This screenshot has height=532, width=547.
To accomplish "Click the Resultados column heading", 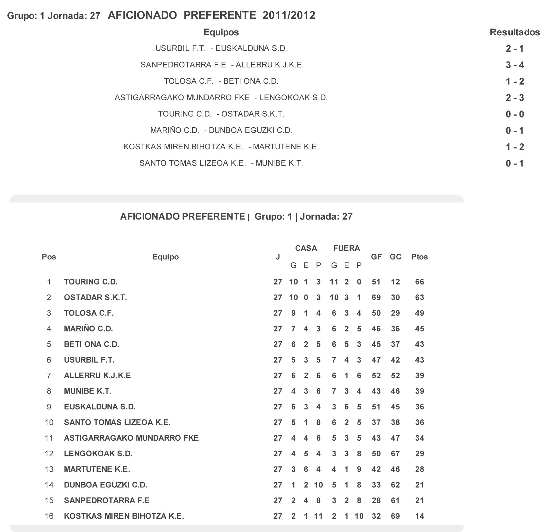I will click(514, 32).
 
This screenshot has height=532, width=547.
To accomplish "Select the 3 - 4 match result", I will click(515, 65).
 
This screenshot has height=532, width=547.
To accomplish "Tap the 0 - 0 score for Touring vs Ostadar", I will click(515, 114).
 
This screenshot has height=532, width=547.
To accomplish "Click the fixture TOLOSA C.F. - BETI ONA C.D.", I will click(221, 81).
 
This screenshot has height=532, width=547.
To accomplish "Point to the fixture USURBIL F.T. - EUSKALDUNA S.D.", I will click(221, 48).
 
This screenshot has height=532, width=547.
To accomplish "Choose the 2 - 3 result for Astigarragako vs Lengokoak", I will click(515, 98).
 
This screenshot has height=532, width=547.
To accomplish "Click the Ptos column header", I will click(419, 257).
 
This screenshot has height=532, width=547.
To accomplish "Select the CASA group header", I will click(306, 248).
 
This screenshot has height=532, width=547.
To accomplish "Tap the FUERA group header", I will click(347, 248).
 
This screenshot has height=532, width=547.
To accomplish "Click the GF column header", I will click(376, 257).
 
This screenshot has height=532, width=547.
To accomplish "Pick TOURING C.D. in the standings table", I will click(91, 282).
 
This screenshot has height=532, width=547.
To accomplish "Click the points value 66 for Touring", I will click(419, 282).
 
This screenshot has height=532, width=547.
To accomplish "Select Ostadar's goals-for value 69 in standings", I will click(376, 297).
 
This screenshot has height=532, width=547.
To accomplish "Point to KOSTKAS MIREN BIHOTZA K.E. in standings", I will click(124, 516).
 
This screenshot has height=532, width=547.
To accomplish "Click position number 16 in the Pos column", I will click(49, 516).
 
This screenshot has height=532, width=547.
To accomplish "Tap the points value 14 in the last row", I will click(419, 516).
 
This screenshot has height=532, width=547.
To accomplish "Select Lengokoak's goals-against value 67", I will click(395, 453).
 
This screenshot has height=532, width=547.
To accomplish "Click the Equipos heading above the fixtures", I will click(221, 32).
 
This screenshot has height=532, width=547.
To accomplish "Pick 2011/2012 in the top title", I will click(289, 16).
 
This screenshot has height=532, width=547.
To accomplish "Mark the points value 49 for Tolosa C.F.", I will click(419, 313).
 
